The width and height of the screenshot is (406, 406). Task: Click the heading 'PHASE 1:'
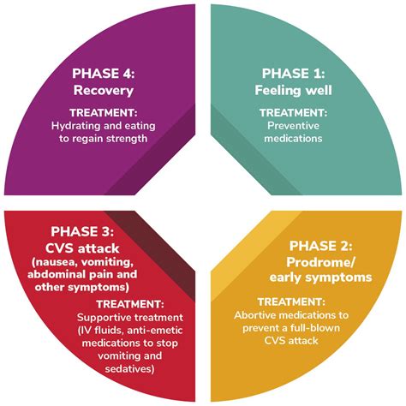(293, 74)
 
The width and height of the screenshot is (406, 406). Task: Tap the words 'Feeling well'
(293, 91)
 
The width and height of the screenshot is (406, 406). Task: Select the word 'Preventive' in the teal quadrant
(293, 126)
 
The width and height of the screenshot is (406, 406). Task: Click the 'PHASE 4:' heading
(104, 74)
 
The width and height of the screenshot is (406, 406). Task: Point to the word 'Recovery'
(104, 91)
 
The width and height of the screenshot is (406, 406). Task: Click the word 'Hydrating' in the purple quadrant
(75, 126)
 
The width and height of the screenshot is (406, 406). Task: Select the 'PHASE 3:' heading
(82, 231)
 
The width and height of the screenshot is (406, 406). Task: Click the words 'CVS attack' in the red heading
(82, 248)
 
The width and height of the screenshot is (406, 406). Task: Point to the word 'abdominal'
(56, 274)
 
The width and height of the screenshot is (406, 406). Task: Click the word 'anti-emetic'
(154, 331)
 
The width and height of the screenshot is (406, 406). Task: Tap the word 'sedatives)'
(130, 369)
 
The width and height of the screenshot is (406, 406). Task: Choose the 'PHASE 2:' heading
(320, 246)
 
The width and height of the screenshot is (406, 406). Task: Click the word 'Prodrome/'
(320, 263)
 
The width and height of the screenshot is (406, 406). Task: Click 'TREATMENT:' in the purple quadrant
(104, 113)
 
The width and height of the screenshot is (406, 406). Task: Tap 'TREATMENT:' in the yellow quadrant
(291, 302)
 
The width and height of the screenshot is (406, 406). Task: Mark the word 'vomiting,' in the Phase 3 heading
(110, 262)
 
